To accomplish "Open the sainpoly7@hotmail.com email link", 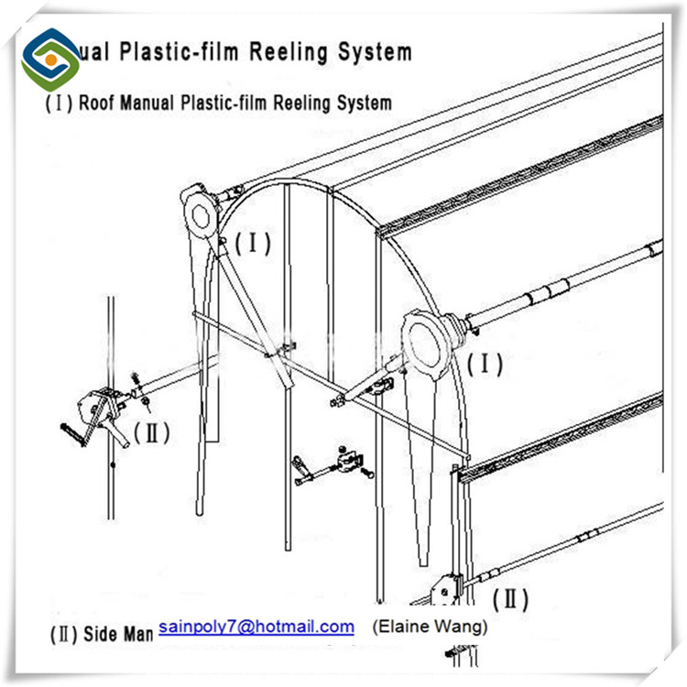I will point(256,627).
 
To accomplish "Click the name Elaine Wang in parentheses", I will point(430,627).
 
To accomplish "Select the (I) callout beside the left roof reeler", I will point(253,244).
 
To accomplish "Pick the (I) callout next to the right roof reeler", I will point(485,364).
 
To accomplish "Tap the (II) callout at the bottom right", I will point(510,600).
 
